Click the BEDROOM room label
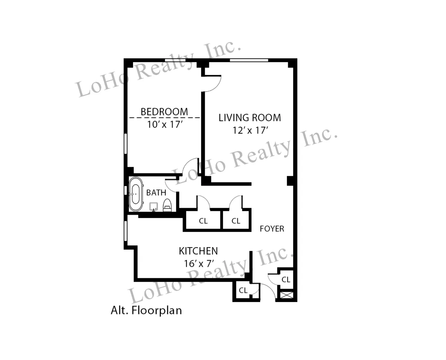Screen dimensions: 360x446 (164, 111)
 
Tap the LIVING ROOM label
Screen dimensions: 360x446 (249, 118)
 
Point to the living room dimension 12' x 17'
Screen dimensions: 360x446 (249, 130)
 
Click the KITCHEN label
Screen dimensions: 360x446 (198, 251)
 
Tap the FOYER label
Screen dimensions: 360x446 (272, 229)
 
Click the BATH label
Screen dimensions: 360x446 (156, 193)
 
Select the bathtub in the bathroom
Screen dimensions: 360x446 (136, 194)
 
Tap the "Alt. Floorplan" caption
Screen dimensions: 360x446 (146, 310)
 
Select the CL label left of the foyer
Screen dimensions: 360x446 (236, 221)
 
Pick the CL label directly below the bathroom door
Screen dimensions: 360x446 (203, 221)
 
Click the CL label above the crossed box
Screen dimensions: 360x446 (285, 280)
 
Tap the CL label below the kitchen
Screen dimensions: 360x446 (243, 291)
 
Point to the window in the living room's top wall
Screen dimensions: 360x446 (249, 60)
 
